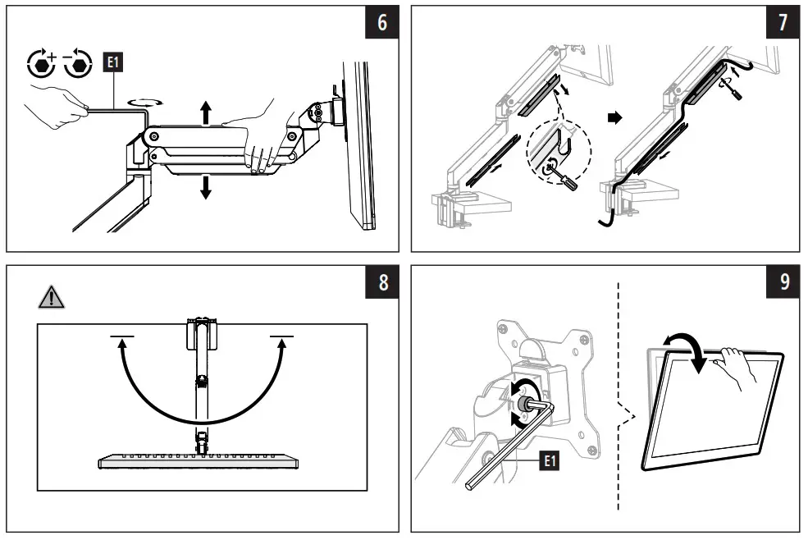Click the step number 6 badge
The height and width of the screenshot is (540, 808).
381,23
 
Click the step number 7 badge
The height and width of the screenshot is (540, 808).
783,23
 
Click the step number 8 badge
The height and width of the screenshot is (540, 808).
381,283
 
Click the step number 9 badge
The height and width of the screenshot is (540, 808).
783,283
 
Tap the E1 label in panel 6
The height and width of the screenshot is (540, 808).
111,62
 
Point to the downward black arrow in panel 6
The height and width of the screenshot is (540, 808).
205,186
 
